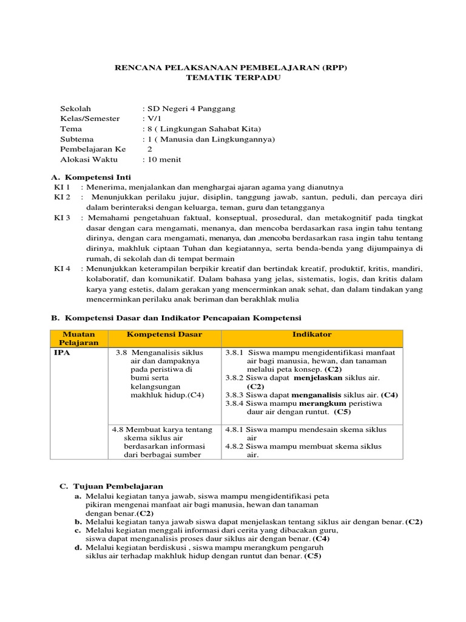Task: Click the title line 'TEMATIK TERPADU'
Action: coord(233,78)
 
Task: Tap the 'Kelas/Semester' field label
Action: coord(90,119)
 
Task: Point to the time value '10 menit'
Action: coord(163,159)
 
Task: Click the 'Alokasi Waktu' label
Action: coord(87,159)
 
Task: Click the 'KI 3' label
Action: coord(62,217)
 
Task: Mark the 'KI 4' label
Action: coord(62,268)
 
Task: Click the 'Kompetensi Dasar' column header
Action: coord(164,335)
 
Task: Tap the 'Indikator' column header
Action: coord(312,335)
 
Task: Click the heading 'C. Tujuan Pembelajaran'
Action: coord(111,487)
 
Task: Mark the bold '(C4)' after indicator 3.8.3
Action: coord(389,394)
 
